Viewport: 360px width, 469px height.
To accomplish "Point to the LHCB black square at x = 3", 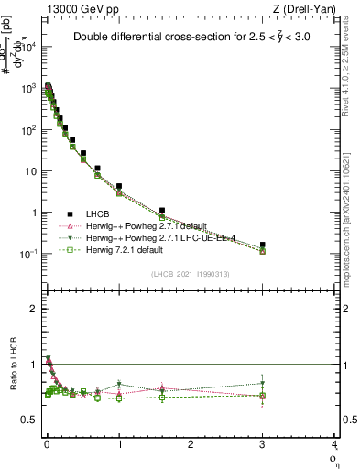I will pyautogui.click(x=263, y=245).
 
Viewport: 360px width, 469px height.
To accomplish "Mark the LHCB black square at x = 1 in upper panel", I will pyautogui.click(x=119, y=187).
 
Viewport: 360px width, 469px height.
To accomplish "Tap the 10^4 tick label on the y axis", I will pyautogui.click(x=30, y=48).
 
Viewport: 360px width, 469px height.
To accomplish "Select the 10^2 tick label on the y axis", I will pyautogui.click(x=30, y=130).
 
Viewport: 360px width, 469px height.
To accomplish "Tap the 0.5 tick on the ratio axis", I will pyautogui.click(x=32, y=420).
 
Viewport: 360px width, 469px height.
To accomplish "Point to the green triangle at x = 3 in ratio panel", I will pyautogui.click(x=263, y=384).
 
